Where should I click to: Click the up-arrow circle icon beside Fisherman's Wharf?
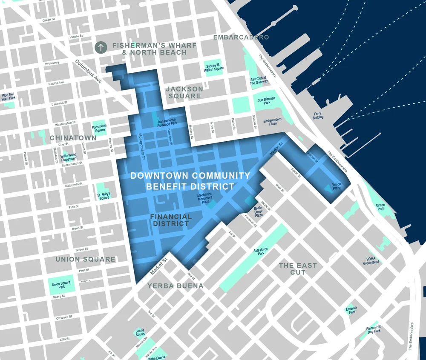[101, 47]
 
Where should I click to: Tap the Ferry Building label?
[318, 115]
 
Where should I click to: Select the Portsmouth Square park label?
[100, 128]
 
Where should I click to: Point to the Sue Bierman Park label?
[267, 100]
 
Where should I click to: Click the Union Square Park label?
[61, 286]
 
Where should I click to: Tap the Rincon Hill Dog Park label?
[374, 330]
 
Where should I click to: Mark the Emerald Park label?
[351, 310]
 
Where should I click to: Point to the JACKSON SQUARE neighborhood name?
[184, 92]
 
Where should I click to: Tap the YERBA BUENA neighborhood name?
[176, 286]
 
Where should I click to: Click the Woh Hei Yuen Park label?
[9, 97]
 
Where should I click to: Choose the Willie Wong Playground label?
[68, 157]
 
